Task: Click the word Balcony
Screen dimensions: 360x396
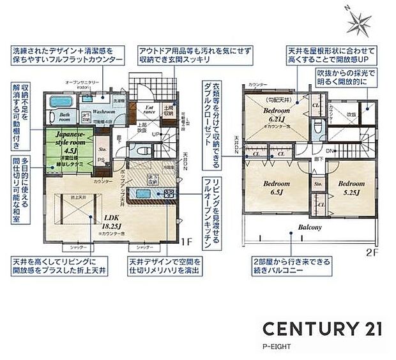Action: (309, 227)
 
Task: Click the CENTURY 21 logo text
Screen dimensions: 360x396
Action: (324, 329)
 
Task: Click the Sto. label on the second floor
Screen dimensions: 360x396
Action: (318, 184)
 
